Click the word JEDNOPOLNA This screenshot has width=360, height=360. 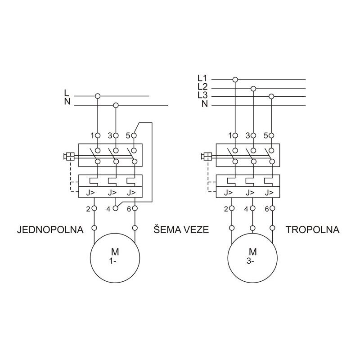pos(50,230)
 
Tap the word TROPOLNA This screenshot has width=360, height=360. pos(312,230)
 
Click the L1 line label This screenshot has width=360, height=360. pos(202,77)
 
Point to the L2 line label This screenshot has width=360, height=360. pos(202,86)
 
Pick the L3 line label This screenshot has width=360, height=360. pos(202,95)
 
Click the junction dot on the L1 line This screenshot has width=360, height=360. pos(235,80)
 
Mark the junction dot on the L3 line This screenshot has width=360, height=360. pos(271,96)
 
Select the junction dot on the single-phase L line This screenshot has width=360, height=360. pos(97,96)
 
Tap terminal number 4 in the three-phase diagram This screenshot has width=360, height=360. pos(247,209)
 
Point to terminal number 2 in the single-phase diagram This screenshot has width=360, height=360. pos(88,209)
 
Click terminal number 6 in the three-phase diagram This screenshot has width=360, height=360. pos(266,209)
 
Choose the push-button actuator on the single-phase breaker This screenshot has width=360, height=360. pos(70,157)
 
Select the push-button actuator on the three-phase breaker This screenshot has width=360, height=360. pos(207,157)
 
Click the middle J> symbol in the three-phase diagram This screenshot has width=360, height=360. pos(250,193)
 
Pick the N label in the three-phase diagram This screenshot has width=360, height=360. pos(204,104)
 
